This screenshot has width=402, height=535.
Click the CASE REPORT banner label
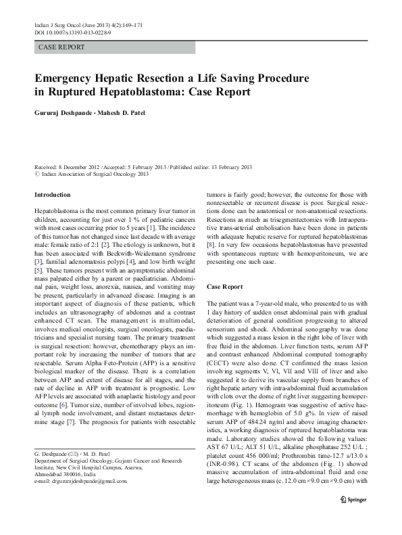[61, 47]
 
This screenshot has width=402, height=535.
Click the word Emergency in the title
[70, 78]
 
